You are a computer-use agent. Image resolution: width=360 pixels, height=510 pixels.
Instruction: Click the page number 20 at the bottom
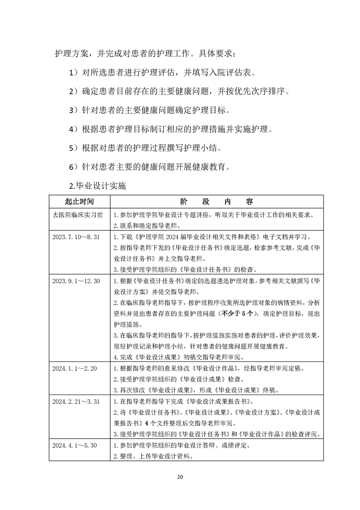coord(180,477)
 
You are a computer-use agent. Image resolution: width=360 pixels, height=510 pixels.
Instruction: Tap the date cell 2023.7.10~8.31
coord(76,237)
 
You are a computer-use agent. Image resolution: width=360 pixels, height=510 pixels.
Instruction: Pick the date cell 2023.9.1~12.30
coord(76,280)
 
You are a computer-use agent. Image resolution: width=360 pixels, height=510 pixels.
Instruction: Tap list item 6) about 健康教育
coord(149,167)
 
